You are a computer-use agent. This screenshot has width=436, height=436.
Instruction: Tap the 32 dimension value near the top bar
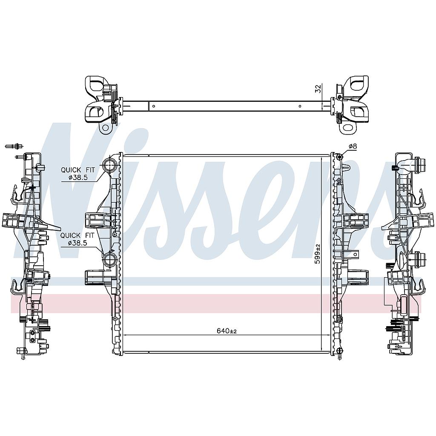pyautogui.click(x=317, y=89)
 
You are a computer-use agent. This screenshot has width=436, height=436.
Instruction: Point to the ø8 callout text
pyautogui.click(x=352, y=146)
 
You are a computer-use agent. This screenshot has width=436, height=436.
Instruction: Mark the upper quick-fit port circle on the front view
pyautogui.click(x=109, y=164)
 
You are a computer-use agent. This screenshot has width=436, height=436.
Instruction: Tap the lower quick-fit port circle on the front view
pyautogui.click(x=109, y=259)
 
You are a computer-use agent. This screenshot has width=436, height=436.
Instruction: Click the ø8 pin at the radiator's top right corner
pyautogui.click(x=339, y=158)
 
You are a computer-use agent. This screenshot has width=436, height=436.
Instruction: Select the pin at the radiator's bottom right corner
pyautogui.click(x=339, y=351)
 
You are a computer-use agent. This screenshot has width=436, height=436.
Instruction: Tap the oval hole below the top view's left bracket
pyautogui.click(x=105, y=127)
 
